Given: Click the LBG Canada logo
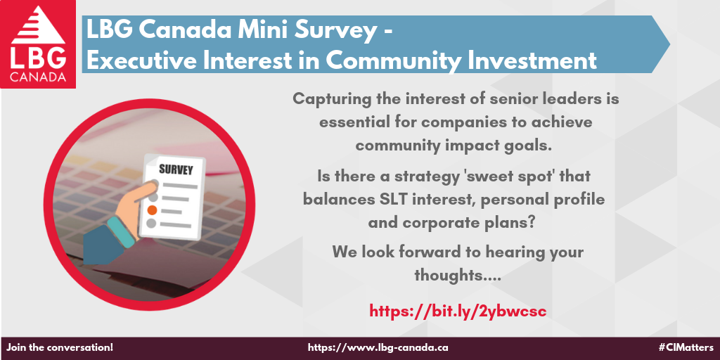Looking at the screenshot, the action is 38,44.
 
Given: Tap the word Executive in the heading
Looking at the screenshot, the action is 139,61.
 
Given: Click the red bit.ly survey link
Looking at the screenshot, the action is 458,311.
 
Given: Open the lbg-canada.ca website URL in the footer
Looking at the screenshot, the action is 378,347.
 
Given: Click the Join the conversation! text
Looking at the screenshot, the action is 60,347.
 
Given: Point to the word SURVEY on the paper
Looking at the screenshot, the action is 176,169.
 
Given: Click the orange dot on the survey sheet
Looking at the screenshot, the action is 153,210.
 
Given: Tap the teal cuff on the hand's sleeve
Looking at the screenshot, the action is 121,232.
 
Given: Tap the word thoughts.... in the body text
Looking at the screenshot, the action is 457,275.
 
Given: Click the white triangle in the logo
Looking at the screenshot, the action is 39,25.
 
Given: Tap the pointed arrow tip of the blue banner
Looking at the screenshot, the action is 669,44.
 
